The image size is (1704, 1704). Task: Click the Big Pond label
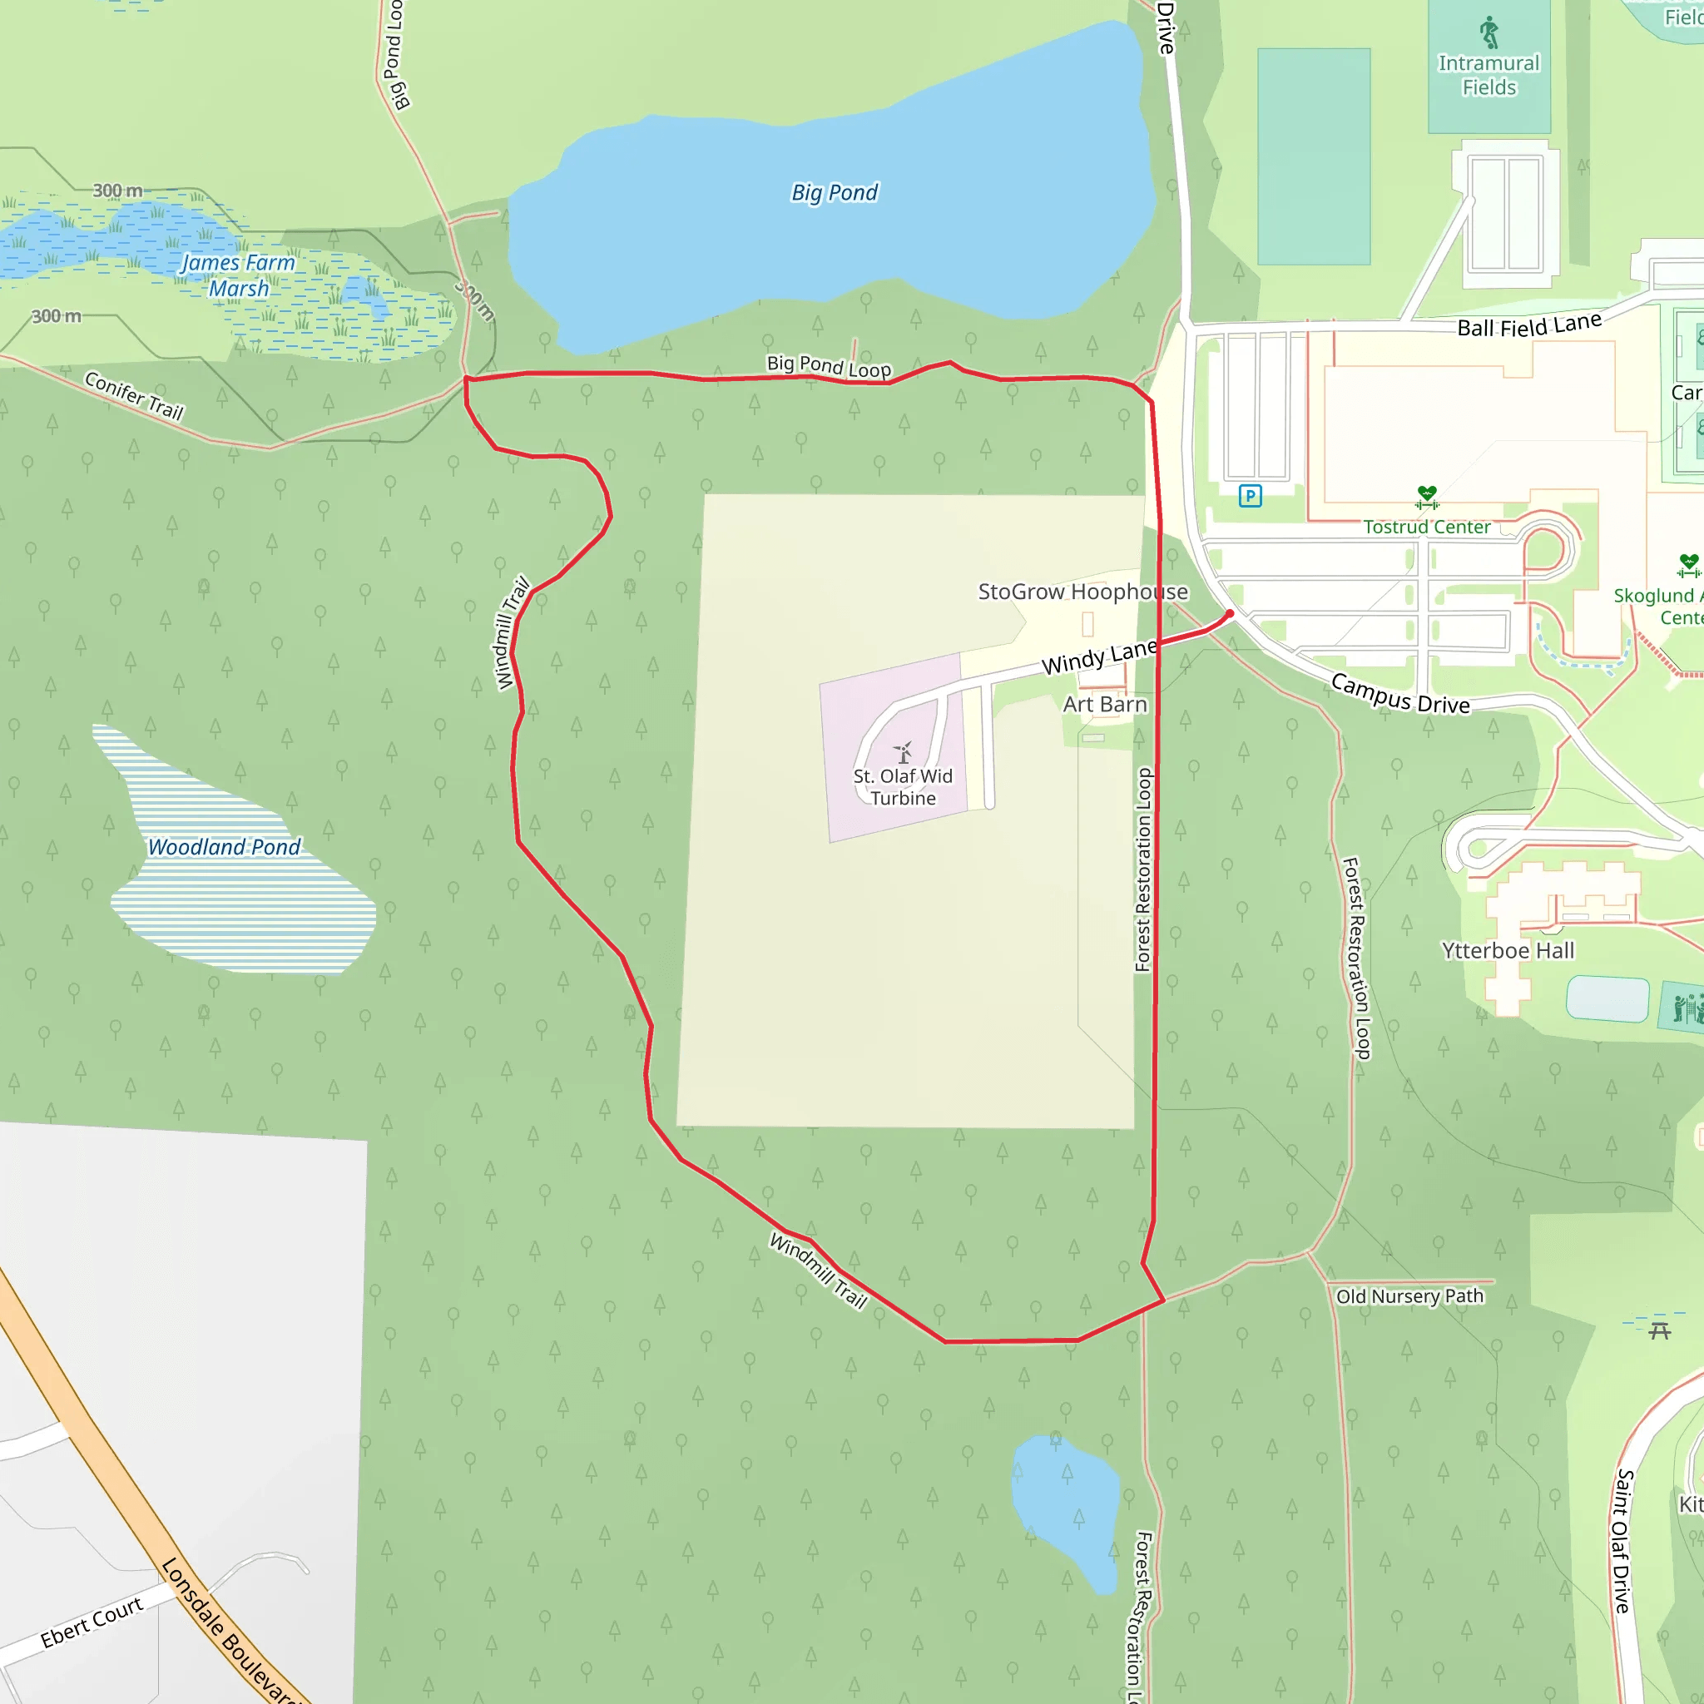click(835, 192)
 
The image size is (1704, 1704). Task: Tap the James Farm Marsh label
click(238, 275)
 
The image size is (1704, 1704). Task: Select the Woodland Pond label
click(224, 847)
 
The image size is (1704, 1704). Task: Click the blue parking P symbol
click(1250, 496)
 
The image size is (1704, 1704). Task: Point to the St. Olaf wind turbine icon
click(903, 752)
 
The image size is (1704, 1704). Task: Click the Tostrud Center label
click(1426, 527)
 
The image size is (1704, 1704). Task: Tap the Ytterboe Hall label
click(1508, 950)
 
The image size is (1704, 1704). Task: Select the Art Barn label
click(1104, 704)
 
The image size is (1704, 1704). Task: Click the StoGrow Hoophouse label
click(1082, 591)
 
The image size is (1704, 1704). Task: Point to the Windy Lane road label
click(1099, 657)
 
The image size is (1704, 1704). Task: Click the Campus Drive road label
click(1399, 693)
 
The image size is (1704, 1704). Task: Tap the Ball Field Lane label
click(1528, 325)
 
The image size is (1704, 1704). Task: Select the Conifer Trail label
click(134, 395)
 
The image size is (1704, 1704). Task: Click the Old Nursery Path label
click(1409, 1295)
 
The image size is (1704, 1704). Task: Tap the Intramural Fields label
click(1489, 75)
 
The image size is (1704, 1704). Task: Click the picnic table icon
click(1659, 1330)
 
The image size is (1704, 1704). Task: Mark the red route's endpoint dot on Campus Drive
click(1230, 614)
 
